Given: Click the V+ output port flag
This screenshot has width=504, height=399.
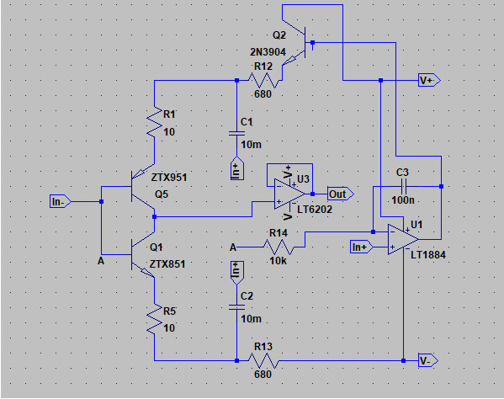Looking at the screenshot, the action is click(429, 80).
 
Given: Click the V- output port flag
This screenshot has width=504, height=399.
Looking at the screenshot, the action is click(428, 360).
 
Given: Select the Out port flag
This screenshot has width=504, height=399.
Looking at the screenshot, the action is click(341, 194).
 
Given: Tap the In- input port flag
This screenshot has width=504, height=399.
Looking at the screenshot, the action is click(60, 201).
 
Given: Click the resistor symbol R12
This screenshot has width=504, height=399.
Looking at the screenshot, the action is click(263, 80).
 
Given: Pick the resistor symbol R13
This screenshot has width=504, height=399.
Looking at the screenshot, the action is click(263, 360).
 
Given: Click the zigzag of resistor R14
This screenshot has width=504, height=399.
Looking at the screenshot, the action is click(279, 247).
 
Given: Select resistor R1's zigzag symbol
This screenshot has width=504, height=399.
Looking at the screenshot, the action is click(154, 122).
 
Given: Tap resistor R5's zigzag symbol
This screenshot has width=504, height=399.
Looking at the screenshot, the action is click(154, 319).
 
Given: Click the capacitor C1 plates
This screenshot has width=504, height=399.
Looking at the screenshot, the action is click(237, 133).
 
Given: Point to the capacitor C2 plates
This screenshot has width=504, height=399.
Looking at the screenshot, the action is click(237, 307).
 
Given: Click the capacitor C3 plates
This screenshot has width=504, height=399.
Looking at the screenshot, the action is click(404, 186).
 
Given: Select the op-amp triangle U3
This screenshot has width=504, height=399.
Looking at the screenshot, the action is click(289, 194).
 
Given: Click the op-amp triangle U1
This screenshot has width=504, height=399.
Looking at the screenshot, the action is click(403, 239).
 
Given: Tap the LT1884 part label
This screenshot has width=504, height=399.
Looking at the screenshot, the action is click(428, 255).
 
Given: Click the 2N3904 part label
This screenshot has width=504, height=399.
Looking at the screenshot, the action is click(268, 51).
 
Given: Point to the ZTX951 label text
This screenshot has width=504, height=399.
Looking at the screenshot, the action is click(169, 177).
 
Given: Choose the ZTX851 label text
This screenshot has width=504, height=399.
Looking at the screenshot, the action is click(167, 264).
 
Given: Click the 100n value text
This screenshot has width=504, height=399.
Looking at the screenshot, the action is click(403, 200).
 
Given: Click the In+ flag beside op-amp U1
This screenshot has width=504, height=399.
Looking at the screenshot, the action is click(361, 247).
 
